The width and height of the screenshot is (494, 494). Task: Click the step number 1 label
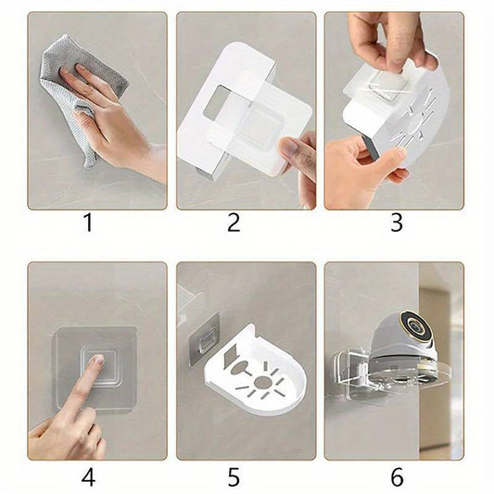pos(89,222)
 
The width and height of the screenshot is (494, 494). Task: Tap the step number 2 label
pos(234,222)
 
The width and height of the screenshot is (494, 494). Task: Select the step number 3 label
pos(397,222)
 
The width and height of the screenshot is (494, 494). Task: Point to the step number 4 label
pos(88,476)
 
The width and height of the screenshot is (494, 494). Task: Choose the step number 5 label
pos(234,476)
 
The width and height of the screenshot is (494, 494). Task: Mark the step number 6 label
pos(398,476)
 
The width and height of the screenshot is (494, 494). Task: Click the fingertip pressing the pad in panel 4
pos(97,360)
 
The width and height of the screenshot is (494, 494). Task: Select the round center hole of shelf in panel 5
pos(261,382)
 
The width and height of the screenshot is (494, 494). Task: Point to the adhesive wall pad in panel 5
pos(204,339)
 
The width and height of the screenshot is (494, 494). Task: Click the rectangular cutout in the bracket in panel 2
pos(216,102)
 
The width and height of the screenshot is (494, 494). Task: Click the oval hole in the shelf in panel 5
pos(240,368)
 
